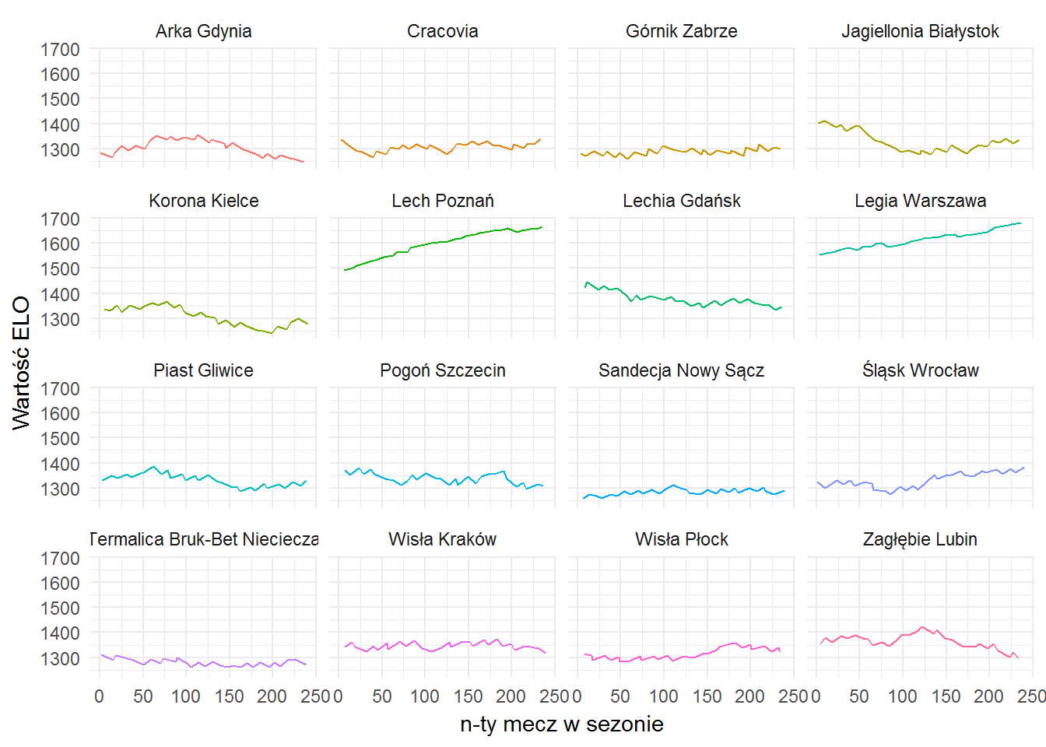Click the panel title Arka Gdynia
pyautogui.click(x=204, y=31)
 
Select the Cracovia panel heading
pyautogui.click(x=442, y=31)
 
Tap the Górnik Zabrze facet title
pyautogui.click(x=681, y=31)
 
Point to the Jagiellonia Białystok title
pyautogui.click(x=920, y=31)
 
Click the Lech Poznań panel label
pyautogui.click(x=442, y=201)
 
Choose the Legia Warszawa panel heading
pyautogui.click(x=920, y=201)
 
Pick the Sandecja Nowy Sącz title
pyautogui.click(x=681, y=370)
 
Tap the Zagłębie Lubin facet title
pyautogui.click(x=920, y=539)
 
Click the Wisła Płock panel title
pyautogui.click(x=681, y=539)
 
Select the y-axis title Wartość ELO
pyautogui.click(x=21, y=363)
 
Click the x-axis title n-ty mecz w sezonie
pyautogui.click(x=562, y=724)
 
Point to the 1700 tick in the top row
pyautogui.click(x=60, y=50)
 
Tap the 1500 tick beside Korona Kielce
pyautogui.click(x=60, y=269)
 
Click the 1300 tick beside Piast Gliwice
pyautogui.click(x=60, y=489)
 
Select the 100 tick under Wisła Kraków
pyautogui.click(x=424, y=696)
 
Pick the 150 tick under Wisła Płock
pyautogui.click(x=707, y=696)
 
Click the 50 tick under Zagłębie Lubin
pyautogui.click(x=858, y=696)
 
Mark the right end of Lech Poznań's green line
pyautogui.click(x=542, y=227)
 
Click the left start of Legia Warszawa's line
pyautogui.click(x=820, y=254)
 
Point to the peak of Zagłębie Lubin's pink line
pyautogui.click(x=921, y=627)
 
